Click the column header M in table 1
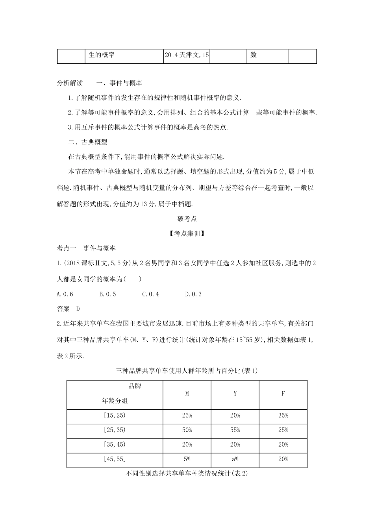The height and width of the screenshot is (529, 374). [187, 393]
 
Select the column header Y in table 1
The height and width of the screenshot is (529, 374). [235, 393]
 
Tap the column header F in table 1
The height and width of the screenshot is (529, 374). [283, 393]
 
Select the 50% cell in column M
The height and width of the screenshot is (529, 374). [187, 430]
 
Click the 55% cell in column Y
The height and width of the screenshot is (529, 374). [235, 430]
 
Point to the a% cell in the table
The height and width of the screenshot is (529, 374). [235, 459]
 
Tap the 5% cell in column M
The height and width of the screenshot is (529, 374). [187, 459]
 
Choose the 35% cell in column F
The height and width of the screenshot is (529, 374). [283, 415]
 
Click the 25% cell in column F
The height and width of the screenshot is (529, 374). [283, 430]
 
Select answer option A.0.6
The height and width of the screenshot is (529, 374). [65, 294]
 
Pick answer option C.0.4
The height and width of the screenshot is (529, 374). [150, 294]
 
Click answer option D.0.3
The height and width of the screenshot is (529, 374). [193, 294]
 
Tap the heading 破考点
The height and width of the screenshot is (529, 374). [187, 218]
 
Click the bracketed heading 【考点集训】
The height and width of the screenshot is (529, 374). [187, 233]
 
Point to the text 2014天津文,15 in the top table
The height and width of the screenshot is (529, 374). [187, 55]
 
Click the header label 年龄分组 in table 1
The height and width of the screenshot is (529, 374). [115, 401]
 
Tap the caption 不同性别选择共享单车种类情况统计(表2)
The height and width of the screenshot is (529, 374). [187, 474]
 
